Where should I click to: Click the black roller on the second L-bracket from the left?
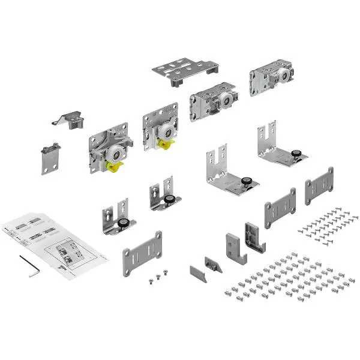click(171, 200)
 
